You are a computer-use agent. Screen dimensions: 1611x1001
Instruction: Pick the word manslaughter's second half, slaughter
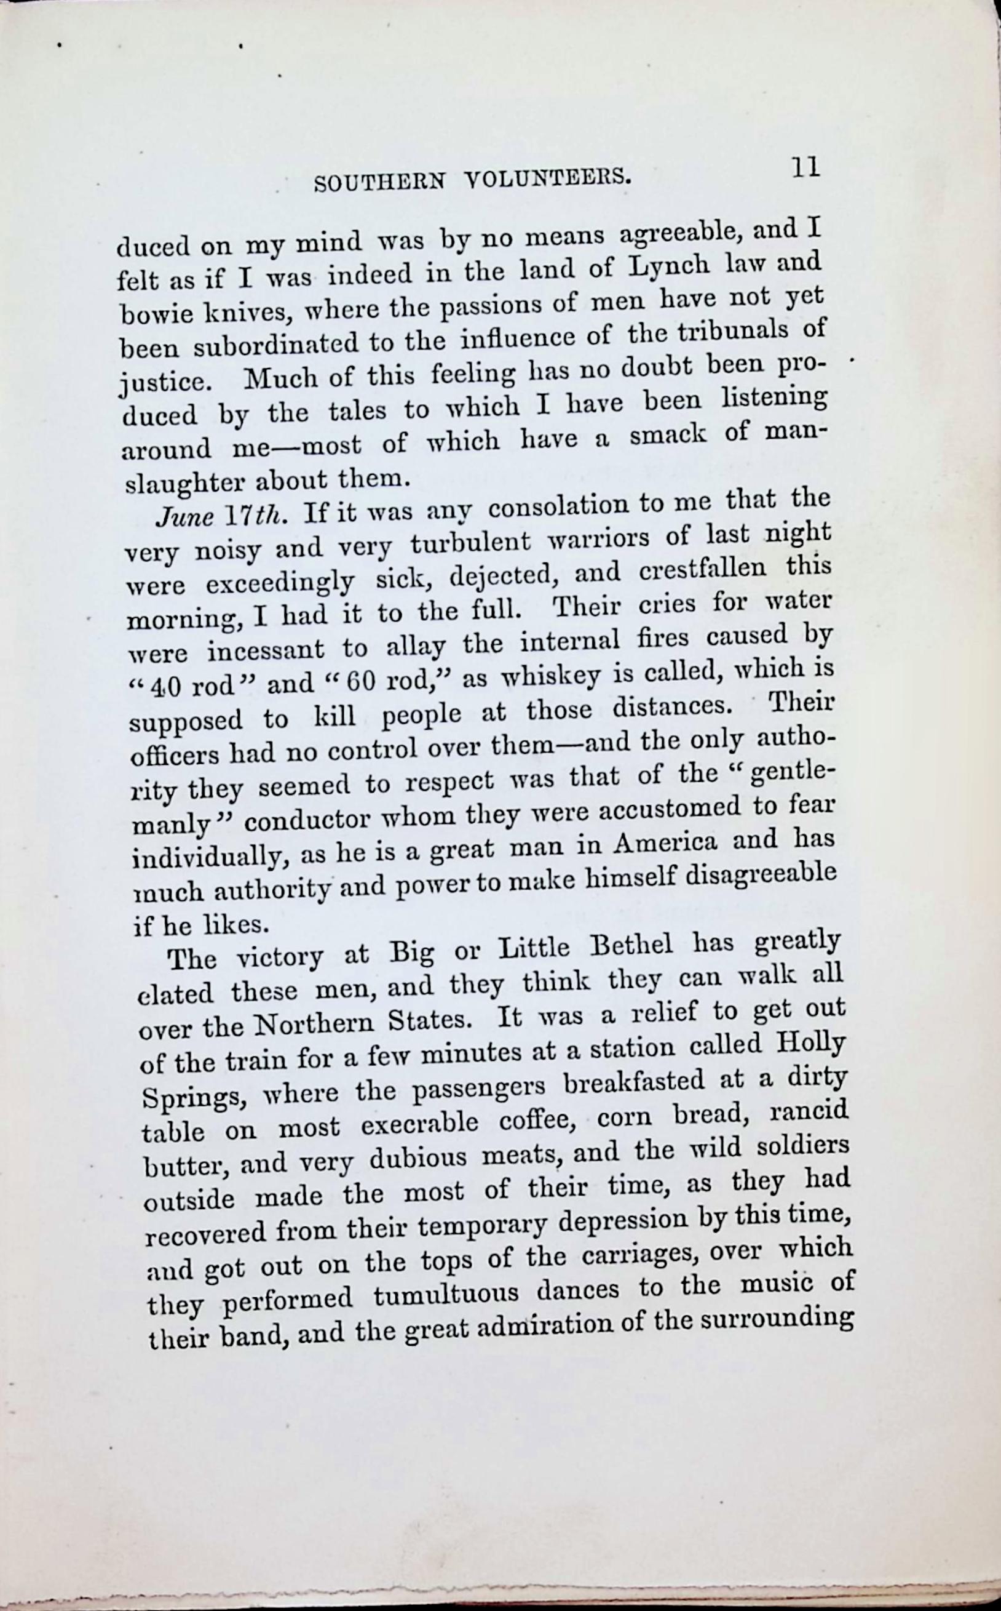tap(184, 482)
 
